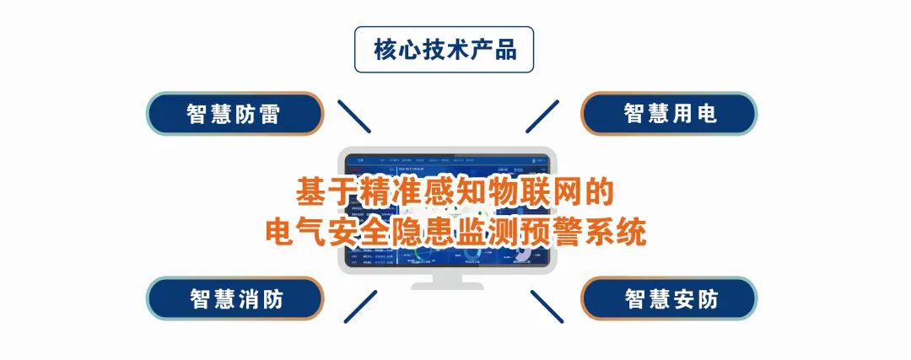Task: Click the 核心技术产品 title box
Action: (444, 50)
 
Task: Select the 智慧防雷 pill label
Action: (234, 114)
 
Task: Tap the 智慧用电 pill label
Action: (670, 114)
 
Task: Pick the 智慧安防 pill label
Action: (670, 298)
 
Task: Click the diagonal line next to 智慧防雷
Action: (354, 116)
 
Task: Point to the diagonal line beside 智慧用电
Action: (542, 116)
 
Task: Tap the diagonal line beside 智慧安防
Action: (547, 305)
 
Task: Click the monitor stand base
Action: (447, 285)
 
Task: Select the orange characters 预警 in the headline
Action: (561, 230)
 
